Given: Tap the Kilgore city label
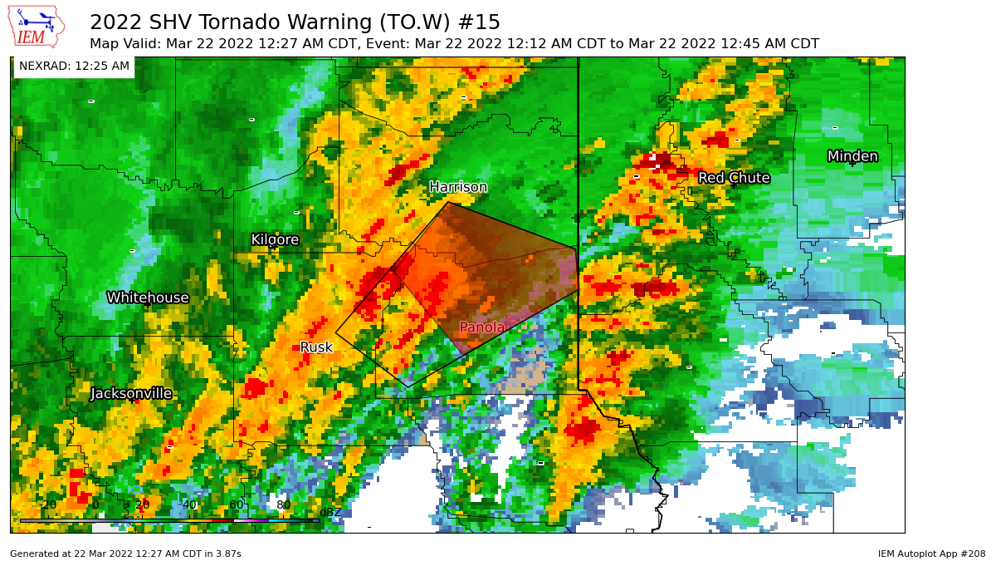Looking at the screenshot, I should pos(275,240).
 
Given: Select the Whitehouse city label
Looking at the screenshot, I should pos(148,298).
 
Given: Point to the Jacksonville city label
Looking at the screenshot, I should pos(131,393).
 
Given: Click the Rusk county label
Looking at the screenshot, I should pos(316,347).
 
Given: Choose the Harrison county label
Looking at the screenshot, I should pos(458,187).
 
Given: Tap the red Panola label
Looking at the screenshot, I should pos(482,327).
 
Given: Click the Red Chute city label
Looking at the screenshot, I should pos(734,178).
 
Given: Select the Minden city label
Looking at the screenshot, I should pos(852,156).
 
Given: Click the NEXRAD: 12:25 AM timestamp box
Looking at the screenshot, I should pos(74,66).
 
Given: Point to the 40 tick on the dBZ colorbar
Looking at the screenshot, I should pos(189,505).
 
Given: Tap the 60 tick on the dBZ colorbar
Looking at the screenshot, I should pos(237,505).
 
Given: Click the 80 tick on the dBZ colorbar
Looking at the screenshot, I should pos(284,505).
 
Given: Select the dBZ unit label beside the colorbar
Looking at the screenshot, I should pos(330,513).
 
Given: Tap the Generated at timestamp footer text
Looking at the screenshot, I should pos(125,554).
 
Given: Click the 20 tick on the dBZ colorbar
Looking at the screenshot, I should pos(142,505).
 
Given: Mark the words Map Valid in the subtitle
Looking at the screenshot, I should pos(124,44).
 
